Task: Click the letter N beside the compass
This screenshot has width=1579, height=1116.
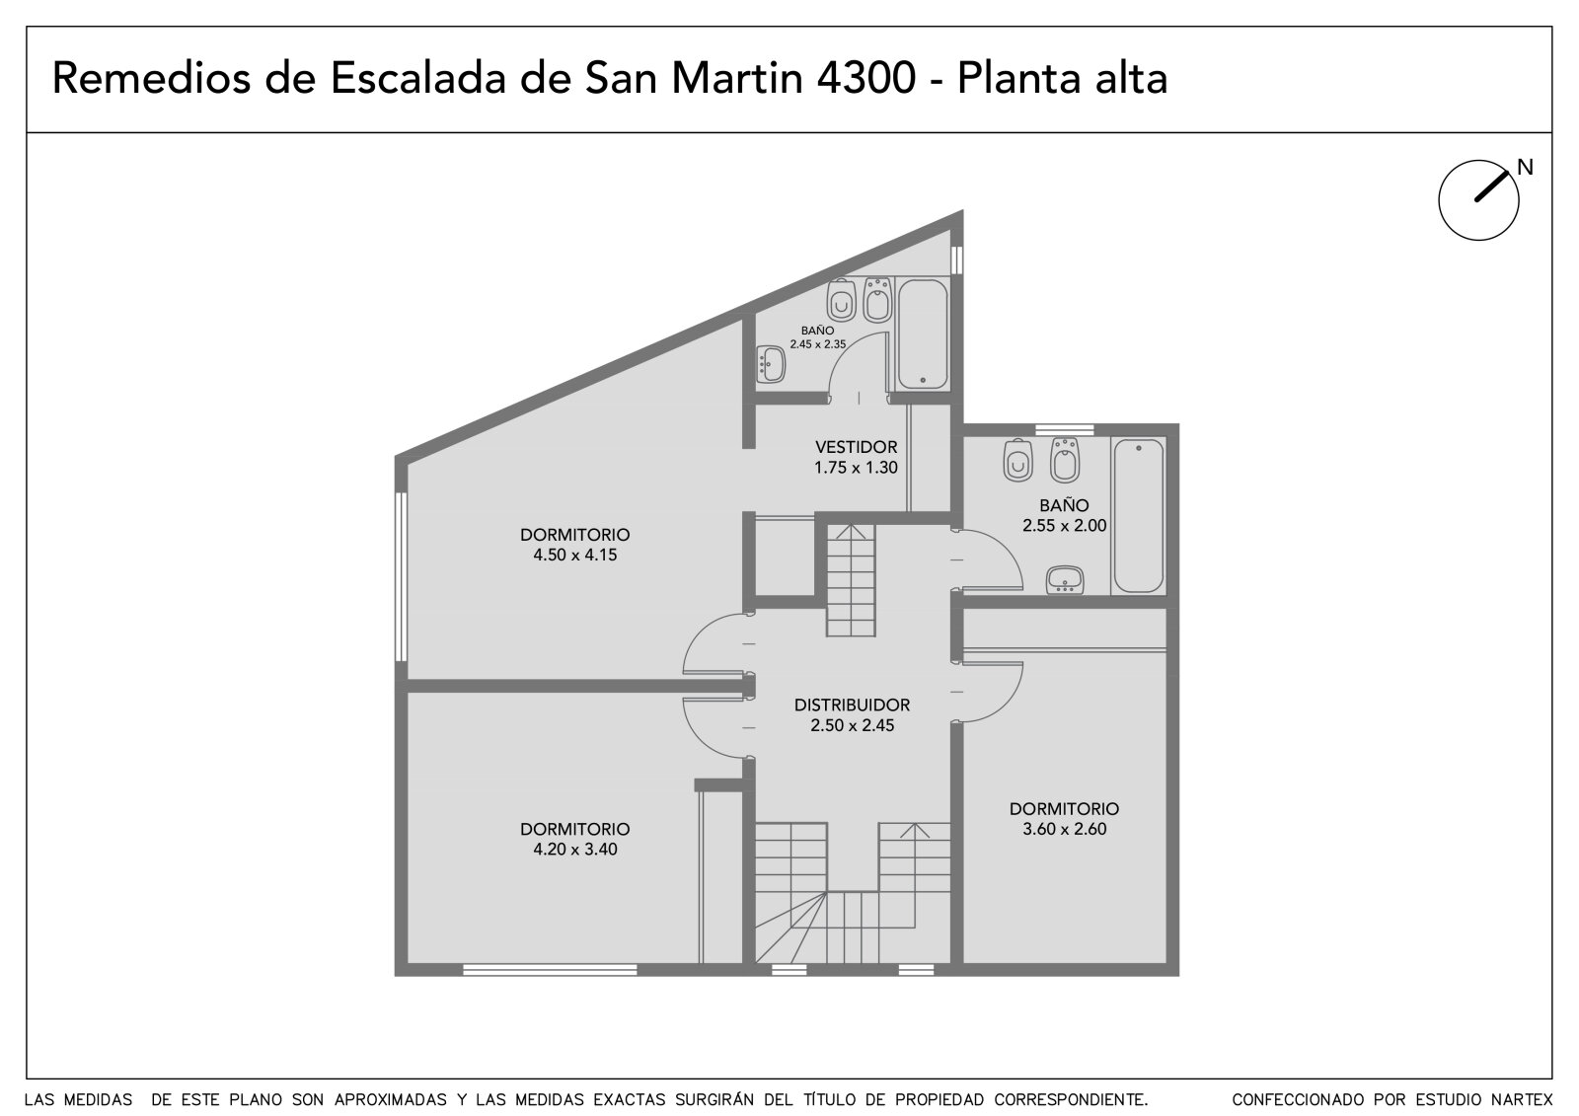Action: pyautogui.click(x=1525, y=167)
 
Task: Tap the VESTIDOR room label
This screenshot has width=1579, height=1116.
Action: pyautogui.click(x=856, y=447)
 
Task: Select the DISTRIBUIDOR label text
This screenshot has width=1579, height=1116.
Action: pyautogui.click(x=852, y=705)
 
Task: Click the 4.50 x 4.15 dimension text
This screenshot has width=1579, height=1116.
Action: pyautogui.click(x=574, y=555)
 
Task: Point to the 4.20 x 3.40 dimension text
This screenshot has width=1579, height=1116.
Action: pyautogui.click(x=574, y=850)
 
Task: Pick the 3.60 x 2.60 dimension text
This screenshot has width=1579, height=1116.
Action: pyautogui.click(x=1064, y=829)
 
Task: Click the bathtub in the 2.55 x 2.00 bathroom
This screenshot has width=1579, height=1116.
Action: pyautogui.click(x=1139, y=516)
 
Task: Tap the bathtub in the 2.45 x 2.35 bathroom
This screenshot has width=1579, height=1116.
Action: pyautogui.click(x=923, y=334)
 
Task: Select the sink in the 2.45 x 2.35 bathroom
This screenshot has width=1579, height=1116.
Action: pyautogui.click(x=771, y=364)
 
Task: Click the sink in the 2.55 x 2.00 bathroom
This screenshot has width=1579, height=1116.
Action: pyautogui.click(x=1065, y=579)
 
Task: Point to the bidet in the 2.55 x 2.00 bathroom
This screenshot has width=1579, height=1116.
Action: pyautogui.click(x=1064, y=460)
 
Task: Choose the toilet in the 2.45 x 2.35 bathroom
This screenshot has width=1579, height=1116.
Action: pyautogui.click(x=841, y=300)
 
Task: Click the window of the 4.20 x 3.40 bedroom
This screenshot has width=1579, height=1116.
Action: pyautogui.click(x=550, y=970)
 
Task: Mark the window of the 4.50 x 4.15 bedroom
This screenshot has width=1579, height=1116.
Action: pyautogui.click(x=401, y=576)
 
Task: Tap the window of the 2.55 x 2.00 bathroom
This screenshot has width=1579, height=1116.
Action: pyautogui.click(x=1064, y=429)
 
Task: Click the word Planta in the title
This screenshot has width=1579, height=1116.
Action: pyautogui.click(x=1017, y=79)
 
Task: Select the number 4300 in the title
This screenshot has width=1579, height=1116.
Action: pyautogui.click(x=865, y=79)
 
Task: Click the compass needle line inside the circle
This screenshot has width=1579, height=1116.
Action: pyautogui.click(x=1491, y=186)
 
